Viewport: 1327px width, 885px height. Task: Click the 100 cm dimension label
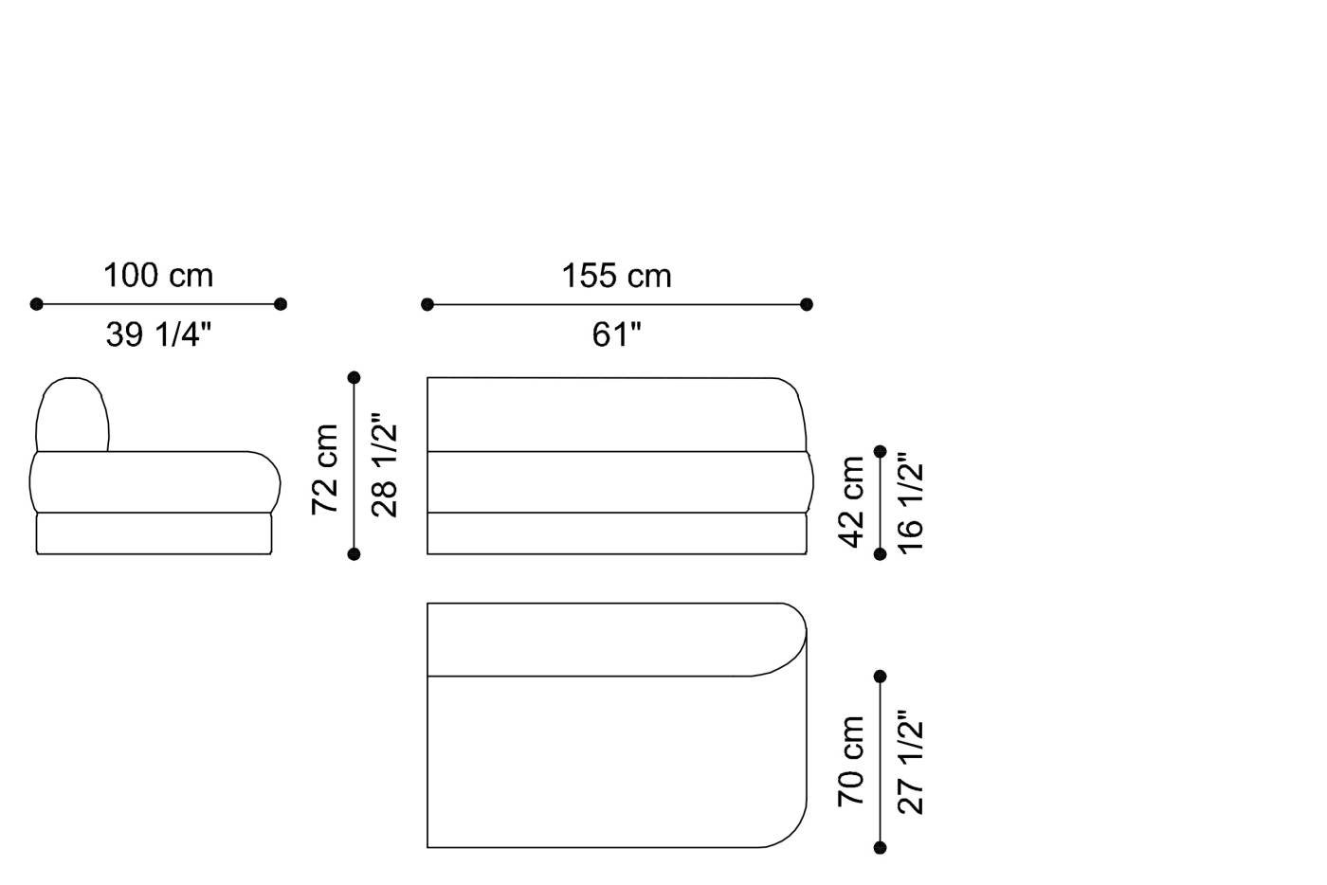point(158,276)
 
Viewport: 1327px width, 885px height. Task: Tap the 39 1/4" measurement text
point(158,334)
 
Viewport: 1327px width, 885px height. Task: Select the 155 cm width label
point(616,276)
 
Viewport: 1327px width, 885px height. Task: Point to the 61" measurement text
point(616,334)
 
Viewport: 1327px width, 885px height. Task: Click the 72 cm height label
point(325,469)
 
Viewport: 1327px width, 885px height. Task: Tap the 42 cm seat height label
point(851,502)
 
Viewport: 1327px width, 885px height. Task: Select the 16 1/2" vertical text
point(911,503)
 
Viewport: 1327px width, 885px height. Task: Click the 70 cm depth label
point(851,761)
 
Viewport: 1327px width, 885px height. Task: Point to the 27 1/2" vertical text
point(911,762)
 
